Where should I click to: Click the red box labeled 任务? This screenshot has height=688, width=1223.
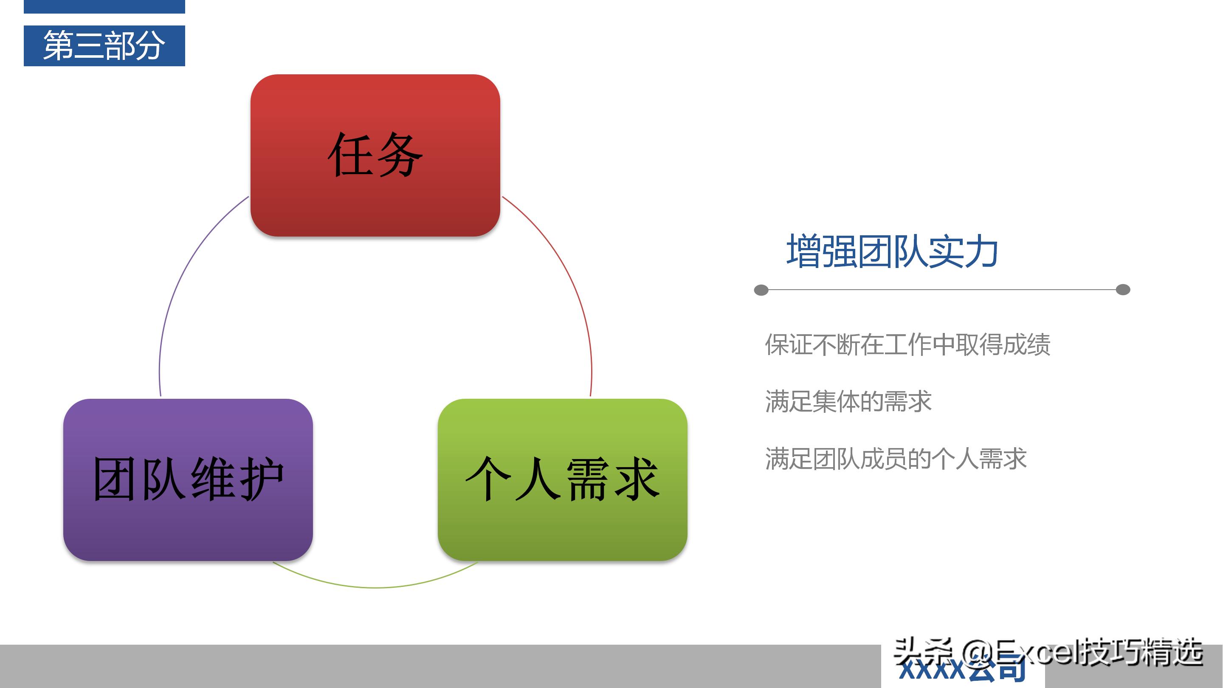click(x=375, y=155)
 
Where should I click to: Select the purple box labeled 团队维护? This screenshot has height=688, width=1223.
click(x=188, y=479)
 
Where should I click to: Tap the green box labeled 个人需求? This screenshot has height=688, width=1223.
click(x=563, y=479)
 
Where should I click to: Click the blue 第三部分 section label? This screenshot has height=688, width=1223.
click(x=104, y=45)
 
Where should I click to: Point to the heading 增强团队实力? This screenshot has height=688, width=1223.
click(x=892, y=252)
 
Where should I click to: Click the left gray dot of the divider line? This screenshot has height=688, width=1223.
click(x=761, y=290)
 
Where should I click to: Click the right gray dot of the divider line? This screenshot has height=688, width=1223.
click(x=1123, y=290)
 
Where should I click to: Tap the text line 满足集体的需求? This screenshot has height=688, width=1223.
click(x=848, y=402)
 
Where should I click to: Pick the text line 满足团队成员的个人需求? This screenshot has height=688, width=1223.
click(x=896, y=459)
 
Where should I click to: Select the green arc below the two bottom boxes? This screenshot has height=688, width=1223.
click(x=375, y=587)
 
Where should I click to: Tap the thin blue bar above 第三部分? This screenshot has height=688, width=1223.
click(x=104, y=6)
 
